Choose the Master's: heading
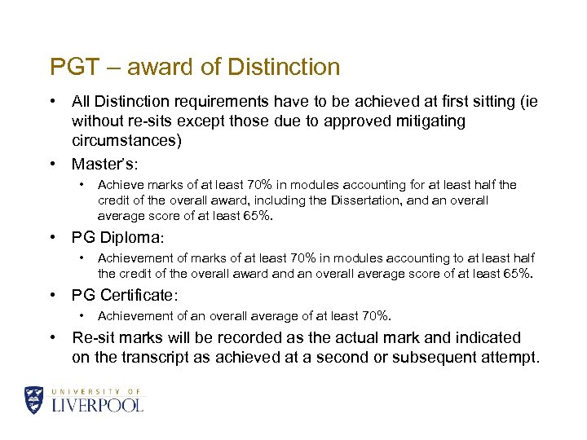coord(104,164)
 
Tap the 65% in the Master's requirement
coord(258,216)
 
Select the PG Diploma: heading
coord(117,238)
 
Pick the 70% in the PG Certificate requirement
coord(373,315)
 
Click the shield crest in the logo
coord(34,399)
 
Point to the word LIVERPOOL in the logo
coord(97,405)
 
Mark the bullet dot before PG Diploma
coord(52,238)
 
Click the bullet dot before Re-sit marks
coord(52,337)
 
